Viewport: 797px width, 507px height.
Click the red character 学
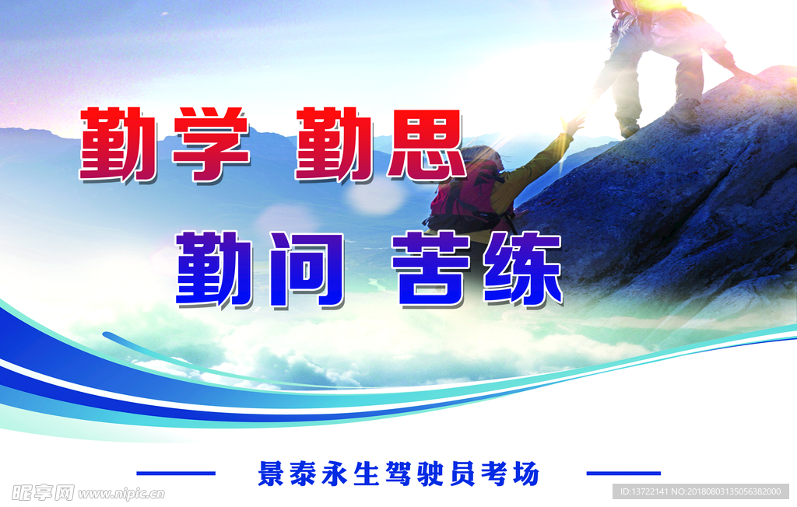[x=210, y=144]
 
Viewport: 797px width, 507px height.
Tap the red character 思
[x=425, y=145]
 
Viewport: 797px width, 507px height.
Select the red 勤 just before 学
[x=118, y=145]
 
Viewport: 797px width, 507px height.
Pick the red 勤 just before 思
[x=335, y=145]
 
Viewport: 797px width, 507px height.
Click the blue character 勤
[x=214, y=269]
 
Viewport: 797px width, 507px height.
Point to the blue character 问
[x=307, y=270]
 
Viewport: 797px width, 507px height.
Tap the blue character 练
[x=523, y=269]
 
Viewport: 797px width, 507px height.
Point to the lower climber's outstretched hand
[x=574, y=124]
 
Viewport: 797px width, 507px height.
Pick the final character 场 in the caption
[x=525, y=474]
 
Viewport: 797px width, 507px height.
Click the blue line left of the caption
[x=176, y=474]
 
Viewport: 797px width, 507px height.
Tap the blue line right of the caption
[x=623, y=474]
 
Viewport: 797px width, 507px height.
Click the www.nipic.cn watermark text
[x=121, y=493]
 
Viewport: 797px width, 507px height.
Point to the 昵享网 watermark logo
[x=44, y=493]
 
